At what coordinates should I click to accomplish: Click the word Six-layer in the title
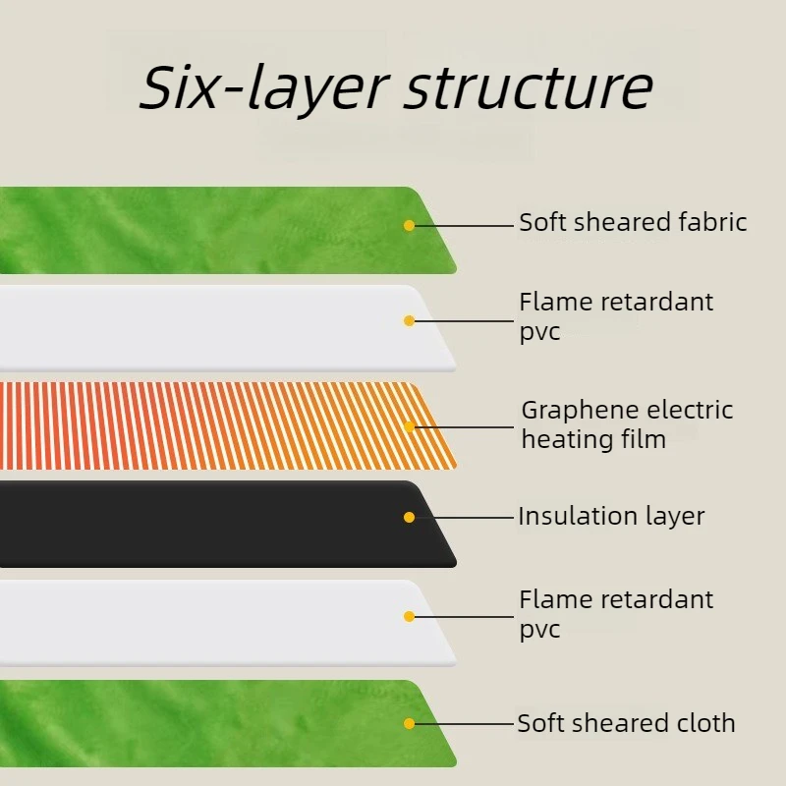(263, 88)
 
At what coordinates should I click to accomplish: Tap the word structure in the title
(530, 88)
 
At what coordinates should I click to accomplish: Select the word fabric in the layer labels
(712, 222)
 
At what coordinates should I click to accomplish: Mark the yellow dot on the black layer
(409, 518)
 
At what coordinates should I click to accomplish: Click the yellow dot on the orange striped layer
(409, 427)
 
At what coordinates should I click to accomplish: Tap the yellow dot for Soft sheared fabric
(409, 226)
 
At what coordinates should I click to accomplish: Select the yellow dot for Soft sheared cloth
(409, 723)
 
